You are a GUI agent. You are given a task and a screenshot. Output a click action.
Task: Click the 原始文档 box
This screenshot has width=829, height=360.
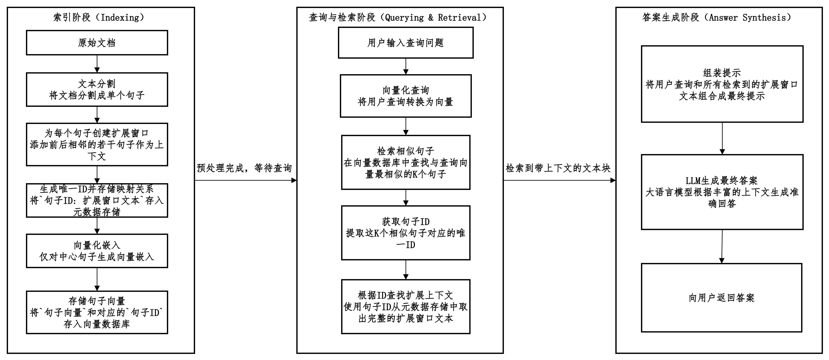(97, 43)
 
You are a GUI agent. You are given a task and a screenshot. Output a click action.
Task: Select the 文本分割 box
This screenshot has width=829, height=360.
(97, 89)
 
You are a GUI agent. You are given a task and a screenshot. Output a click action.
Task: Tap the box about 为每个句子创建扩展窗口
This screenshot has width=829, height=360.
(97, 144)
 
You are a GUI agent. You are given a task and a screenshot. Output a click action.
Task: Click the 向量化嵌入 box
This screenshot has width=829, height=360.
(97, 251)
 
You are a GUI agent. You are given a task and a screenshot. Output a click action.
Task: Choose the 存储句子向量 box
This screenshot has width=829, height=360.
(97, 312)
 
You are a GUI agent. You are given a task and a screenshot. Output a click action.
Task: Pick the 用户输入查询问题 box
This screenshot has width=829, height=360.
(406, 43)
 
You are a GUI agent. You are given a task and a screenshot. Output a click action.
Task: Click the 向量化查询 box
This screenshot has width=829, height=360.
(406, 96)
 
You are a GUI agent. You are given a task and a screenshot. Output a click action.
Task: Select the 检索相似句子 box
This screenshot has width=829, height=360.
(406, 163)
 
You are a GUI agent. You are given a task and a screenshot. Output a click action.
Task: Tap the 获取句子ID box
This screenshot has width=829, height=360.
(406, 233)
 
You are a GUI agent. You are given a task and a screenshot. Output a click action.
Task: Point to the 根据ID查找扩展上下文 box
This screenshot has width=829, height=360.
(406, 307)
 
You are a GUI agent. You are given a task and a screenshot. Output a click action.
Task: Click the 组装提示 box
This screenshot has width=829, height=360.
(722, 84)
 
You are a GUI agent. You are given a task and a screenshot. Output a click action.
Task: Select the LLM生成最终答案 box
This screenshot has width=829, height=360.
(722, 192)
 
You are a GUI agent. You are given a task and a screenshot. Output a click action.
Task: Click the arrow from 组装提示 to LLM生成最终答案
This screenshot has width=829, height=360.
(722, 138)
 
